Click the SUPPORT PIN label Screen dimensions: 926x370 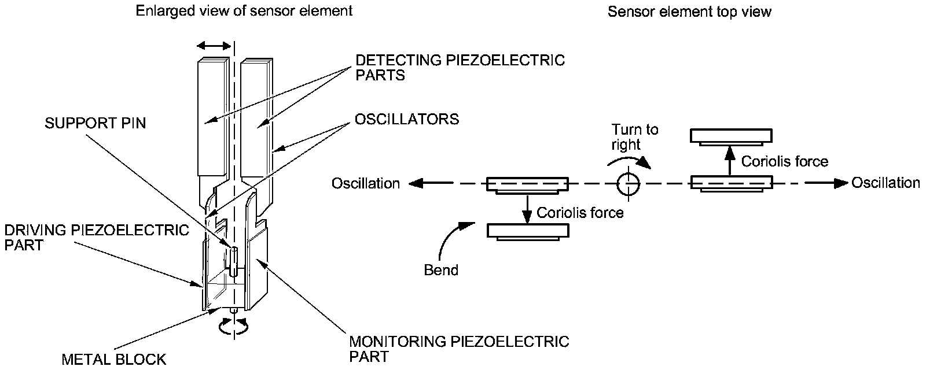pos(95,123)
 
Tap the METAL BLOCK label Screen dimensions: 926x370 pos(114,359)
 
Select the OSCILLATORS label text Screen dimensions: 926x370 pos(407,119)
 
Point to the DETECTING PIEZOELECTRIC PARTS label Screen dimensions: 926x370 pos(460,67)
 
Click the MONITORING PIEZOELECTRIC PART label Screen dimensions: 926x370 pos(459,349)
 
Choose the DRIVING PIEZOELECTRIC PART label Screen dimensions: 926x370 pos(96,238)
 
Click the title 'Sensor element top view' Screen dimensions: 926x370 pos(689,11)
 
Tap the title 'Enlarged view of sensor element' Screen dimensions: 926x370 pos(244,11)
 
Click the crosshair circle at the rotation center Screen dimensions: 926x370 pos(629,184)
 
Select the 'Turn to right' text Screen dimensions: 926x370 pos(634,136)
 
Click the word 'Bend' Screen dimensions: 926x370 pos(441,270)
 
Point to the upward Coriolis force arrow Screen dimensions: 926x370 pos(730,161)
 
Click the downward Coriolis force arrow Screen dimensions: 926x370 pos(527,209)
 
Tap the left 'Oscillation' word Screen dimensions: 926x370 pos(365,183)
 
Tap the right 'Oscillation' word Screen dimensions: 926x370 pos(885,183)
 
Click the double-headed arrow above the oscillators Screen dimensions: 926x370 pos(214,46)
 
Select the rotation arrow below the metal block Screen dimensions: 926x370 pos(234,326)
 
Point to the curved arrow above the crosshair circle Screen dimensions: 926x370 pos(629,160)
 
